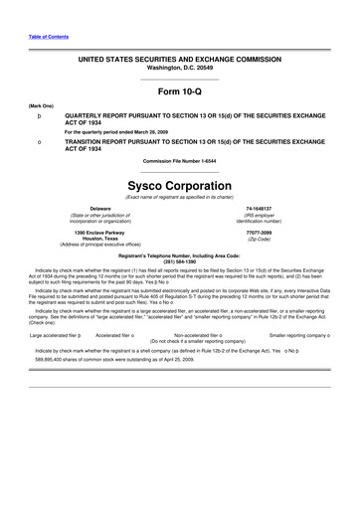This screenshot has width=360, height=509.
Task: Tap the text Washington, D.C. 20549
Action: (x=180, y=68)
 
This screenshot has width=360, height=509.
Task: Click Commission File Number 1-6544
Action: (x=180, y=162)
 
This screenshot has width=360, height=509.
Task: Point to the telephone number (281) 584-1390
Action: (x=180, y=261)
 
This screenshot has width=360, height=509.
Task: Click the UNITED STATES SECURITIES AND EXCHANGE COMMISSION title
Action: (x=180, y=60)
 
